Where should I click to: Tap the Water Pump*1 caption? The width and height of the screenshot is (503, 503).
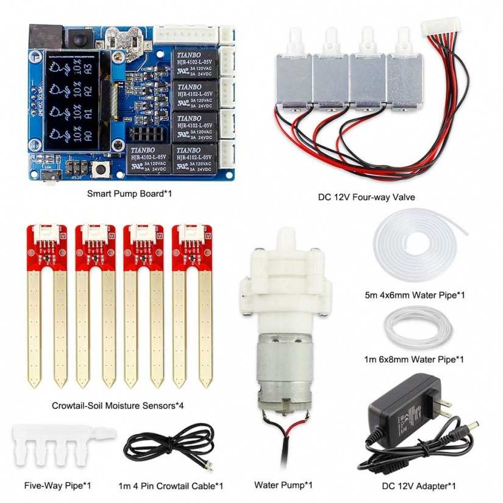[x=283, y=485]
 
